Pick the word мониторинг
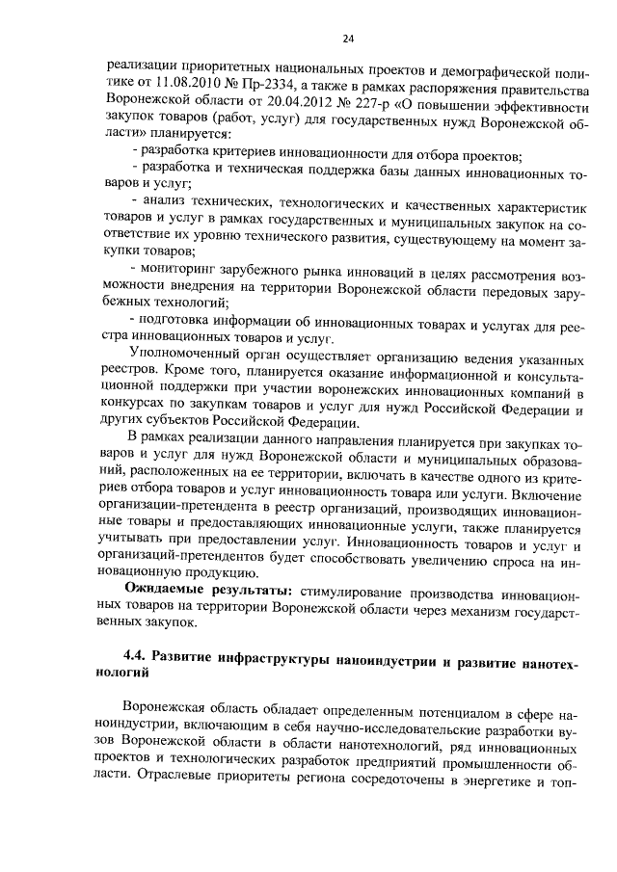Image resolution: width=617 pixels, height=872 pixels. (183, 268)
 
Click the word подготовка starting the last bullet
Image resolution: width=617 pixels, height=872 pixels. (178, 323)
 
